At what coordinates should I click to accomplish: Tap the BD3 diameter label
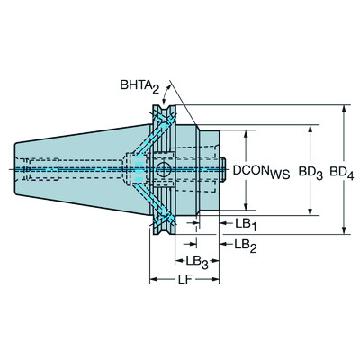point(311,169)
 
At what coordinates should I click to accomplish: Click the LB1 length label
point(245,221)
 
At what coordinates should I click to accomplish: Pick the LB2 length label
point(245,243)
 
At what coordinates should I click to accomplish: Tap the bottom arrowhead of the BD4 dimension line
point(346,230)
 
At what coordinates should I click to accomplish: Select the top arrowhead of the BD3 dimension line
point(311,128)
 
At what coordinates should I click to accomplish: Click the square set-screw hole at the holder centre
point(164,168)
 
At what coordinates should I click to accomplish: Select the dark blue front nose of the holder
point(212,168)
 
